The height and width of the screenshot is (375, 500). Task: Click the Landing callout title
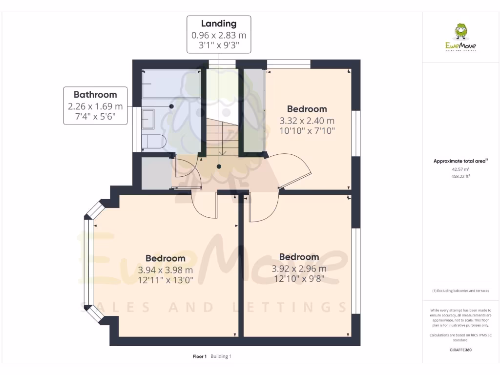[x=219, y=23]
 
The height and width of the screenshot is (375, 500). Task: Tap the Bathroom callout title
[x=95, y=95]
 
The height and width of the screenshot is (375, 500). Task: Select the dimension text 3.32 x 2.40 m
[x=307, y=121]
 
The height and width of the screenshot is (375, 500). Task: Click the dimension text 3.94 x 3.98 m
[x=165, y=270]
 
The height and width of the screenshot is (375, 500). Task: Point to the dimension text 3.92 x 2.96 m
[x=299, y=269]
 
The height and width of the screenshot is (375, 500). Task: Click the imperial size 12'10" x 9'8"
[x=299, y=279]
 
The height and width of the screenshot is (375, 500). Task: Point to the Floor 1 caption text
[x=200, y=356]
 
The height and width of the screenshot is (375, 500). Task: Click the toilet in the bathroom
[x=154, y=141]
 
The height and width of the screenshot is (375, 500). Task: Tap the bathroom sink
[x=148, y=118]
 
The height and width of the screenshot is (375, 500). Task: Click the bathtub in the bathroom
[x=171, y=84]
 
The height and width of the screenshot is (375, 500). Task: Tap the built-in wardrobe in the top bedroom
[x=253, y=110]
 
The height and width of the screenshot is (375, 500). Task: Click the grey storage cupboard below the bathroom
[x=155, y=173]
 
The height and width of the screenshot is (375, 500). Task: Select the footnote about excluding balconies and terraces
[x=460, y=291]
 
